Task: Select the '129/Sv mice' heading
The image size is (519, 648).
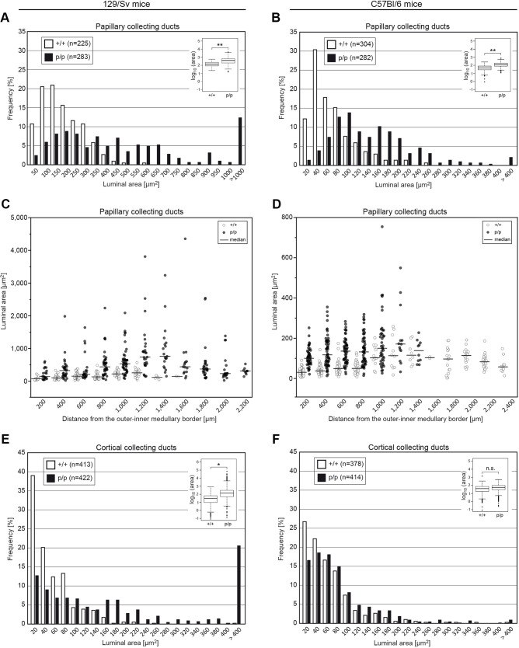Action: point(128,5)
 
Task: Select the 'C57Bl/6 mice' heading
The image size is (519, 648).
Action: point(388,5)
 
